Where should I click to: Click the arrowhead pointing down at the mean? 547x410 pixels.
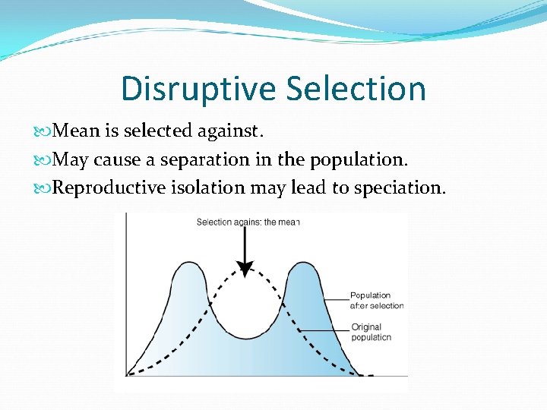[x=244, y=268]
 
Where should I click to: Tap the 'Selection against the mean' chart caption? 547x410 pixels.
[x=248, y=222]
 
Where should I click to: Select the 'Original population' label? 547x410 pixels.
[x=371, y=332]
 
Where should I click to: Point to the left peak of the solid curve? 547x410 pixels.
[x=186, y=263]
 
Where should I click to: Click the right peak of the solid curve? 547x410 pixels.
[x=302, y=263]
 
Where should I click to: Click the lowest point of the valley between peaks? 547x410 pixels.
[x=244, y=339]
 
